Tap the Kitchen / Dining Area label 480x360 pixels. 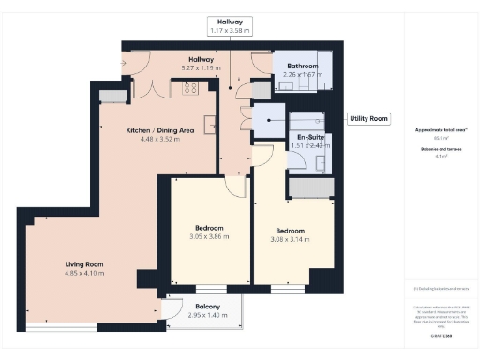tap(160, 130)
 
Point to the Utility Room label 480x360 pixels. tap(368, 119)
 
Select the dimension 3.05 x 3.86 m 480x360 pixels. tap(209, 237)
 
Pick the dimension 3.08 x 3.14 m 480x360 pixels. tap(290, 240)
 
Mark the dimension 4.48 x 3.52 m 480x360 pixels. tap(160, 140)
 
